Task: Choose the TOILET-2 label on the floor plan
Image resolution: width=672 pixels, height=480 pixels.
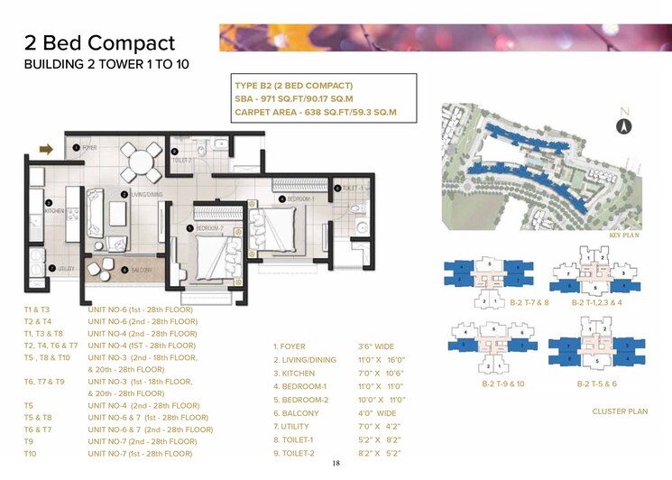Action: pos(184,159)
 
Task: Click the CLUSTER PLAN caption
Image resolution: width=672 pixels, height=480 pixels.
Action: pos(620,411)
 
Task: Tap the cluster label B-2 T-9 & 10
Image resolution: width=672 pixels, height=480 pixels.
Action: pos(502,384)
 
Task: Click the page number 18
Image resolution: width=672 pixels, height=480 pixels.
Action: pos(336,463)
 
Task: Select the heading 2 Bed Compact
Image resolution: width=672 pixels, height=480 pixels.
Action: pos(99,42)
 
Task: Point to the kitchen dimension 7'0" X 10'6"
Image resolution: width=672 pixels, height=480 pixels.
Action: pos(382,374)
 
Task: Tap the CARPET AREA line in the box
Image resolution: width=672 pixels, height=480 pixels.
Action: pos(316,114)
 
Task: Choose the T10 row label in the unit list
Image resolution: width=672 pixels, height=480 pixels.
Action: pos(30,454)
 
